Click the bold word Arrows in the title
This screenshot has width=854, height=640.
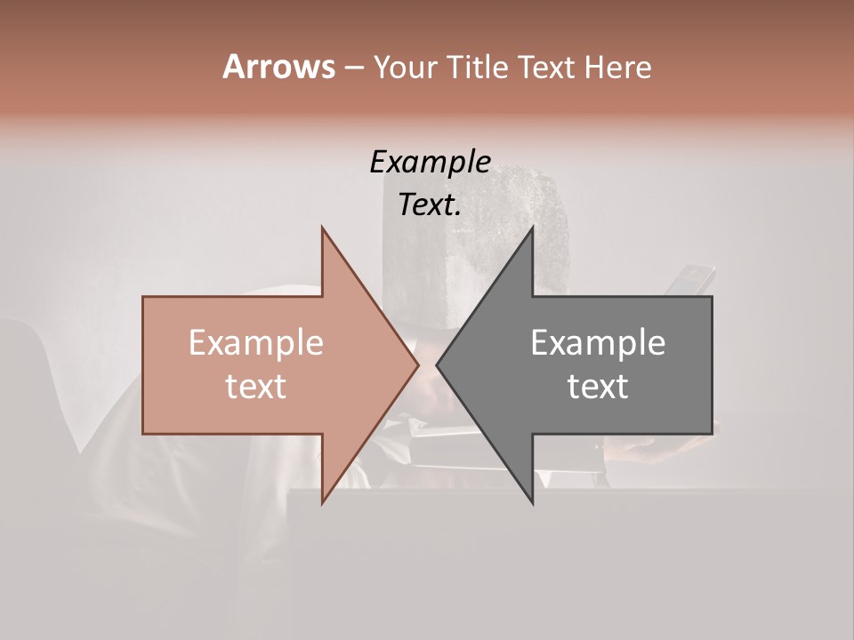pyautogui.click(x=278, y=67)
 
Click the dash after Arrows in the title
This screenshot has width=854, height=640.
pyautogui.click(x=353, y=68)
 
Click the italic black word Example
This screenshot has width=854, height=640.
pyautogui.click(x=431, y=162)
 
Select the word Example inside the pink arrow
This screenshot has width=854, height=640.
pyautogui.click(x=256, y=343)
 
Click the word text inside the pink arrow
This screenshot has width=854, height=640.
pyautogui.click(x=256, y=386)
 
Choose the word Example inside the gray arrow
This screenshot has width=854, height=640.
pyautogui.click(x=598, y=343)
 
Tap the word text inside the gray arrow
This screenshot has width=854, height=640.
pyautogui.click(x=598, y=386)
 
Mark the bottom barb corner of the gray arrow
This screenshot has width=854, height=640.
pyautogui.click(x=533, y=502)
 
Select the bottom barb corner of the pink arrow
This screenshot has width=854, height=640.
pyautogui.click(x=322, y=502)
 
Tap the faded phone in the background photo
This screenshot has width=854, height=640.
pyautogui.click(x=690, y=278)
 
